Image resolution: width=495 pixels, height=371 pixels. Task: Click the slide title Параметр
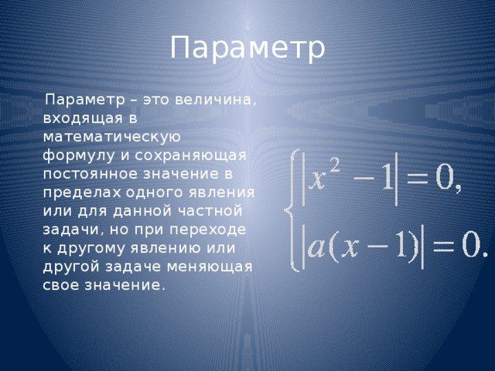click(x=247, y=48)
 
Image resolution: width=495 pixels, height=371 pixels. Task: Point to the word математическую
click(x=111, y=138)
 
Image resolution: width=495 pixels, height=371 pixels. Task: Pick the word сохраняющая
click(x=191, y=156)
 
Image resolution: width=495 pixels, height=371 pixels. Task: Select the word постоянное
click(x=91, y=175)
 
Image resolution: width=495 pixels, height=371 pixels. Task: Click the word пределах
click(x=82, y=193)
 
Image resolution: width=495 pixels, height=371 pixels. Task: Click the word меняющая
click(x=210, y=267)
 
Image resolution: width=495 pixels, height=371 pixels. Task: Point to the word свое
click(x=61, y=285)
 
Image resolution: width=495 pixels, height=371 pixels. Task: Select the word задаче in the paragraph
click(x=133, y=267)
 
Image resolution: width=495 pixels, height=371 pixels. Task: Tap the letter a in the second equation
click(x=316, y=247)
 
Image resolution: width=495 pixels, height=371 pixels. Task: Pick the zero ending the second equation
click(x=470, y=245)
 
